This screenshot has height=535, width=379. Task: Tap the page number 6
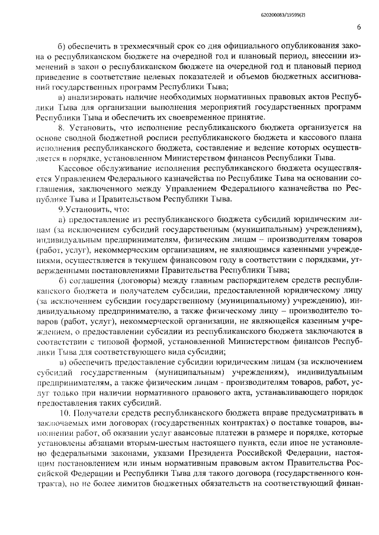click(x=359, y=27)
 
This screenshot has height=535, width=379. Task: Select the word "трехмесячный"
click(x=133, y=46)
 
